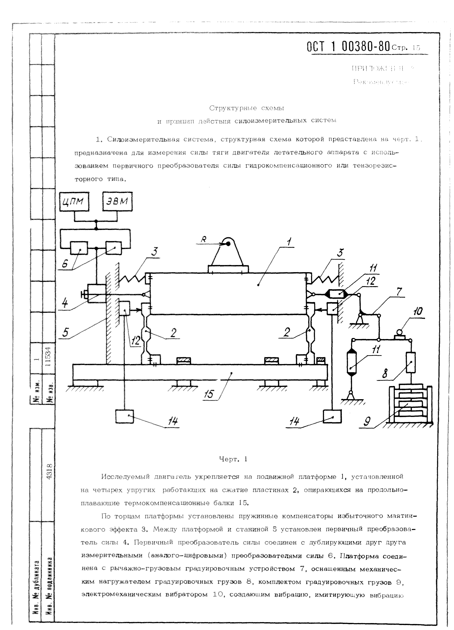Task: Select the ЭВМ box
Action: (x=117, y=201)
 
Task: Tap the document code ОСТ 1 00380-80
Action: (x=348, y=47)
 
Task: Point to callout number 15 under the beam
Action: (x=208, y=394)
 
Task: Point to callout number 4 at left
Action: (x=65, y=303)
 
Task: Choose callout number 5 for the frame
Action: (x=65, y=332)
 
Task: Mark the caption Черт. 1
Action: (x=233, y=459)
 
